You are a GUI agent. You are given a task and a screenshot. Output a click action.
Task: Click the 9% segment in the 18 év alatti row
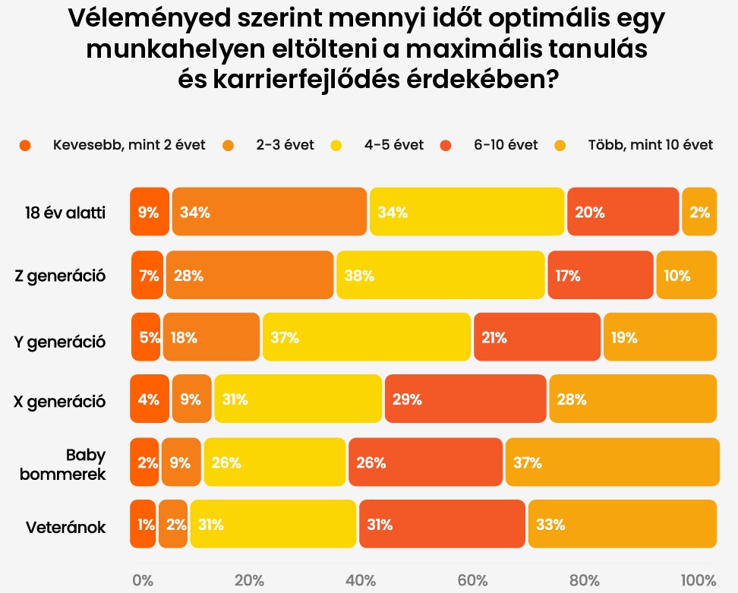point(150,213)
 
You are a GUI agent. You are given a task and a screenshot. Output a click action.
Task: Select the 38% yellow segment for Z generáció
point(440,276)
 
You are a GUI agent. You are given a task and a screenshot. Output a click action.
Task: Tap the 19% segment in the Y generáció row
point(660,338)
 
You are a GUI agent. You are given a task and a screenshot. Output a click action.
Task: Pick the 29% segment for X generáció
point(465,399)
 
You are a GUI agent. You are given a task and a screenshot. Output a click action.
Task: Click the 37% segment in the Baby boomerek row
point(612,462)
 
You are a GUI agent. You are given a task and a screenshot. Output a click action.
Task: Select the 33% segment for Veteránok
point(622,524)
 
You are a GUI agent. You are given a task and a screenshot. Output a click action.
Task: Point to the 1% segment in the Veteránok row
point(143,524)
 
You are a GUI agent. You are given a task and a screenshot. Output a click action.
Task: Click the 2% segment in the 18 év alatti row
point(699,213)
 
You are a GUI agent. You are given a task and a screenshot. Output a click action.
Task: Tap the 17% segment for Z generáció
point(601,276)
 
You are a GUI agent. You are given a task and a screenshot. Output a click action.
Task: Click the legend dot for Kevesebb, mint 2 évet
point(26,145)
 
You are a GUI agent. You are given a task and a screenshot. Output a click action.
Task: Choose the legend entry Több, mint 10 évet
point(650,145)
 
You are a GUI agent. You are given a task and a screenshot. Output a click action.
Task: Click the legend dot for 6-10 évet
point(446,145)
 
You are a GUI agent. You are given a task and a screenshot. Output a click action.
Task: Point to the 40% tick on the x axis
point(361,581)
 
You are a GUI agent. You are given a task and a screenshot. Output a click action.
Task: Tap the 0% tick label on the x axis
point(143,581)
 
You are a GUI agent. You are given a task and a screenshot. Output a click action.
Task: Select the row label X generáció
point(60,401)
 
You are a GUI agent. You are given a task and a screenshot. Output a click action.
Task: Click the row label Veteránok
point(67,525)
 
